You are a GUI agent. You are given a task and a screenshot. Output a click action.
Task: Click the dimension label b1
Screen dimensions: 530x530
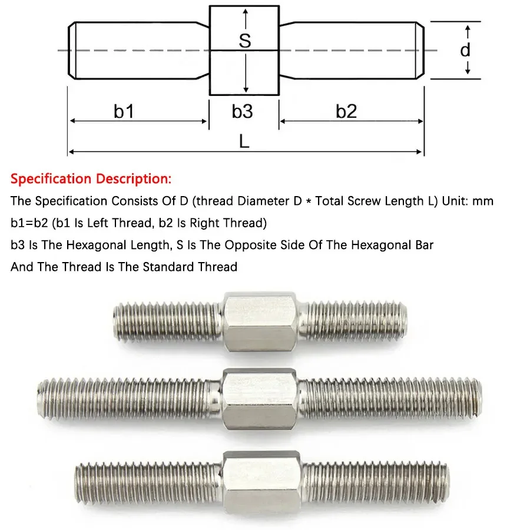click(124, 111)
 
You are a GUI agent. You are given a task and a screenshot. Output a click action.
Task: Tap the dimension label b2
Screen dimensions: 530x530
click(346, 111)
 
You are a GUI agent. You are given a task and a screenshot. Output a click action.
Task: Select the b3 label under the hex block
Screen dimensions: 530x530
click(242, 111)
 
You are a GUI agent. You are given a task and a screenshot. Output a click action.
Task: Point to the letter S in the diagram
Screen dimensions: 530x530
click(245, 40)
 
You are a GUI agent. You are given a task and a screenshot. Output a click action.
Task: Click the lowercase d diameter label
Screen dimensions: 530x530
click(465, 50)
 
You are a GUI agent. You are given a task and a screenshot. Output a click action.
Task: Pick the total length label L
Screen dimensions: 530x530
click(244, 141)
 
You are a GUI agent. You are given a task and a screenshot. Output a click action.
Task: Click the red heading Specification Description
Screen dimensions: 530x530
click(91, 178)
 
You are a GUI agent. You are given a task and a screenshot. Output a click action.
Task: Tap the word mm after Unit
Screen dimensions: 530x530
click(483, 201)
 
